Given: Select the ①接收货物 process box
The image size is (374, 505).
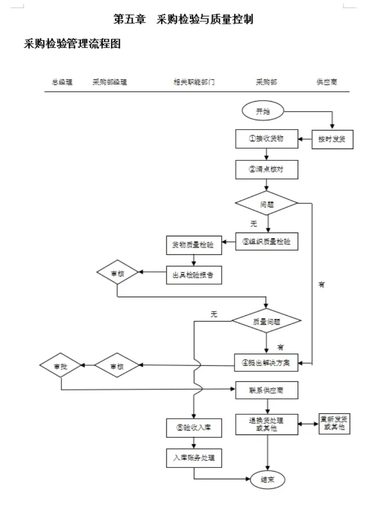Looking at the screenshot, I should [x=266, y=139].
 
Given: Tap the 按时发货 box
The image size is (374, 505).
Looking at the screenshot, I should [x=332, y=139].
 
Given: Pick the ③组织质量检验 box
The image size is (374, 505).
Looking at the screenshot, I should [x=266, y=242].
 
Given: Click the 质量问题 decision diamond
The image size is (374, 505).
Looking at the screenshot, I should [x=266, y=322].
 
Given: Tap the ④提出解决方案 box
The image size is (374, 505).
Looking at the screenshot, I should [x=266, y=362].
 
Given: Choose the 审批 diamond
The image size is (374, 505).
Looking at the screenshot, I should [x=61, y=365].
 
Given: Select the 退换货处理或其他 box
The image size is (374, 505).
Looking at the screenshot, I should [x=266, y=424].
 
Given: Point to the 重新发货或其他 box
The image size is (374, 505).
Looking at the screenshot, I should [x=335, y=423].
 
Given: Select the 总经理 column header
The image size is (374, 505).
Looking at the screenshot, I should [x=62, y=82].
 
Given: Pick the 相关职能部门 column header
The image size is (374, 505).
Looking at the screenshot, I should [x=194, y=82].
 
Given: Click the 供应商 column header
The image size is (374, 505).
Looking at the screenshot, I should [x=327, y=82].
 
